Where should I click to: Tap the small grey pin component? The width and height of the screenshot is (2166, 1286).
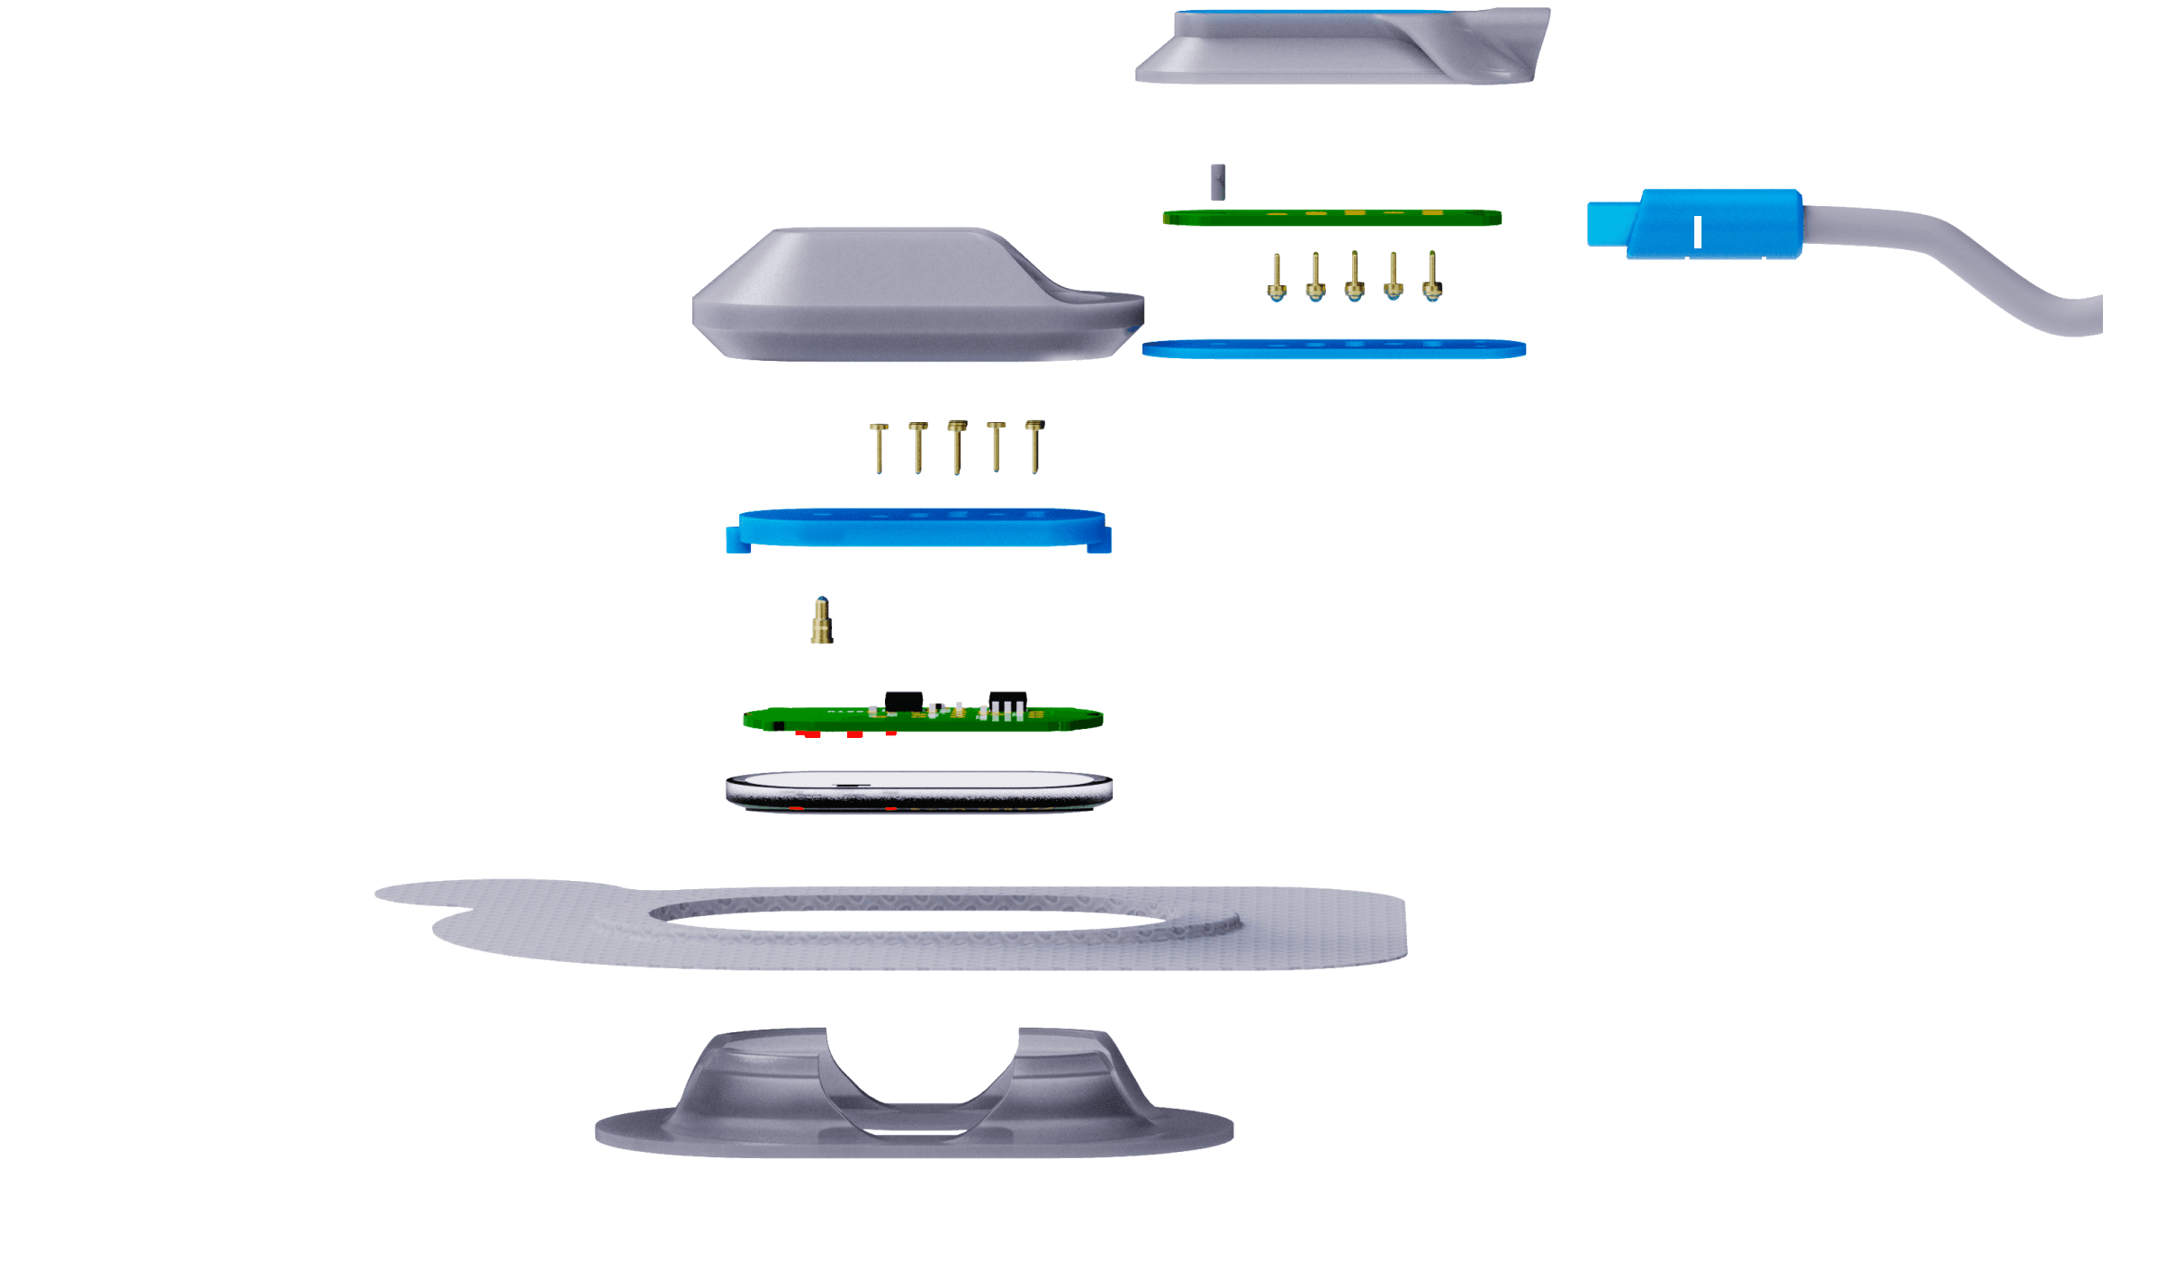pyautogui.click(x=1217, y=182)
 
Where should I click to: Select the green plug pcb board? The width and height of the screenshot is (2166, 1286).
pyautogui.click(x=1331, y=218)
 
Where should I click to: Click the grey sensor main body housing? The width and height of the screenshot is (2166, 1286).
pyautogui.click(x=900, y=297)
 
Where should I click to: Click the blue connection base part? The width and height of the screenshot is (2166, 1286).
pyautogui.click(x=918, y=529)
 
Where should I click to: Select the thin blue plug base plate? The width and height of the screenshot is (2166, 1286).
pyautogui.click(x=1332, y=349)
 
